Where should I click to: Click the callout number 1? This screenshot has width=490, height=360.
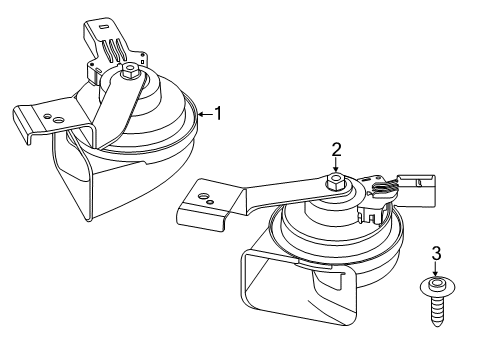click(x=218, y=114)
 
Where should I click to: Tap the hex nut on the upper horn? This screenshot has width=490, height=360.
click(x=131, y=72)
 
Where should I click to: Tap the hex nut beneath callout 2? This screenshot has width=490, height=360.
click(x=337, y=182)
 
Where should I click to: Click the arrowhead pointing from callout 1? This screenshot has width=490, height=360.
click(x=202, y=114)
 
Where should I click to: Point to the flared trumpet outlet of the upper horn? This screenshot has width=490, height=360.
click(x=80, y=185)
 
